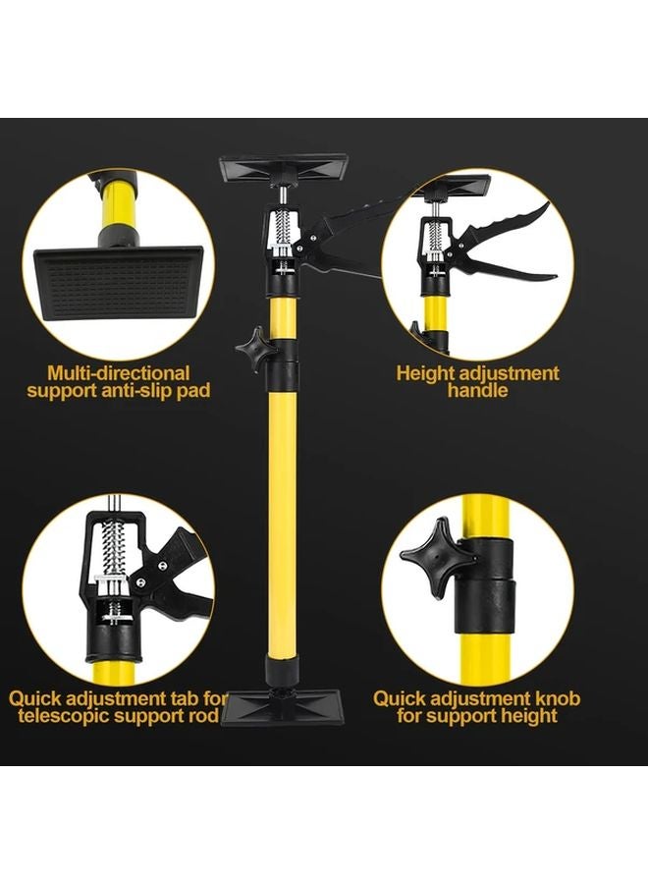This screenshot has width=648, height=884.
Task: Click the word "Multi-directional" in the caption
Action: coord(118,373)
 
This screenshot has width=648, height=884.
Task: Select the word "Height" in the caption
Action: coord(423,373)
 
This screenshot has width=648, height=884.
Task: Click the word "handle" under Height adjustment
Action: coord(477,391)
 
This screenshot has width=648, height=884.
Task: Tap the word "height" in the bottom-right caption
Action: coord(522,716)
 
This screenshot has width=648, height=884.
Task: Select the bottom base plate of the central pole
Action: coord(281,706)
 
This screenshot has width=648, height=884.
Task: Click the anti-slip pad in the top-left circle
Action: coord(123,285)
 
